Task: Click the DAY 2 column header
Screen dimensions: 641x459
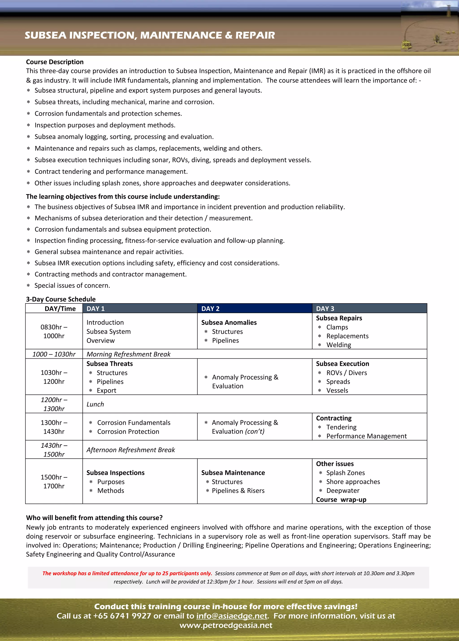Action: (210, 309)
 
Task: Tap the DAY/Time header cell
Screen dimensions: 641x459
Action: (60, 309)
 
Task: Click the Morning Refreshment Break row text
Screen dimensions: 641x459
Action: (128, 354)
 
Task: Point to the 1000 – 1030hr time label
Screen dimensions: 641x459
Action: (54, 354)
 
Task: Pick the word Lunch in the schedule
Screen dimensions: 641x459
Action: (95, 404)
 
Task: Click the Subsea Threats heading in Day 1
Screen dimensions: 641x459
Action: (110, 364)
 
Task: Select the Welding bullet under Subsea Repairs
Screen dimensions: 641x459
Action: (339, 345)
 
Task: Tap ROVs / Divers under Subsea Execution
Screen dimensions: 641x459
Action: (346, 373)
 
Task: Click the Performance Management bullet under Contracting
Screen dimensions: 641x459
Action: (366, 436)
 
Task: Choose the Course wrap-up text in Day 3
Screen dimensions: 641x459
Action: (341, 499)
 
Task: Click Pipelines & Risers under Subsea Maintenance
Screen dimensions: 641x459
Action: (238, 491)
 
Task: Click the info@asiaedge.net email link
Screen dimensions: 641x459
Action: (232, 616)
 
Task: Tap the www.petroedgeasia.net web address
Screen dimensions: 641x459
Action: (226, 625)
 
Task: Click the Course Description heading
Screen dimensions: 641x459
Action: (55, 62)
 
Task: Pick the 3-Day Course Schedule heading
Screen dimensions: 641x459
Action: (61, 299)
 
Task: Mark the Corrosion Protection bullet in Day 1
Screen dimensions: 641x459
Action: (128, 432)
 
